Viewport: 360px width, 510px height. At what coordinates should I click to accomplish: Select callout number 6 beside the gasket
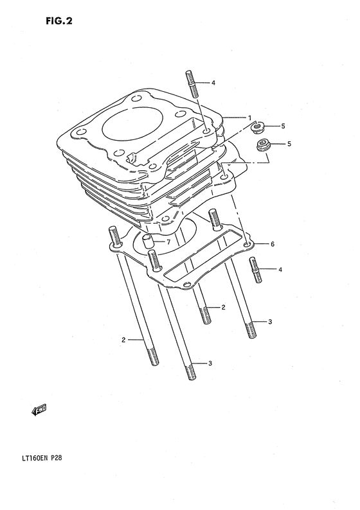click(272, 244)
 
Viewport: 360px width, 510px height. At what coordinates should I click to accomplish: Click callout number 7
click(168, 242)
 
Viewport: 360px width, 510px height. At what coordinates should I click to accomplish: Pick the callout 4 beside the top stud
click(213, 83)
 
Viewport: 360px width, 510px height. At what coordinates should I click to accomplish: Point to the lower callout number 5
click(289, 144)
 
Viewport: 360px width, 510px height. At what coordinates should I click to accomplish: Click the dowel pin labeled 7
click(148, 243)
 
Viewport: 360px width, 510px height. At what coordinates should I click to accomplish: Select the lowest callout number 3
click(210, 364)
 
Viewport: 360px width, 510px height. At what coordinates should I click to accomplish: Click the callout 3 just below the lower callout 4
click(270, 321)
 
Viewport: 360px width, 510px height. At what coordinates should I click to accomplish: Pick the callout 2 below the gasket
click(223, 308)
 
